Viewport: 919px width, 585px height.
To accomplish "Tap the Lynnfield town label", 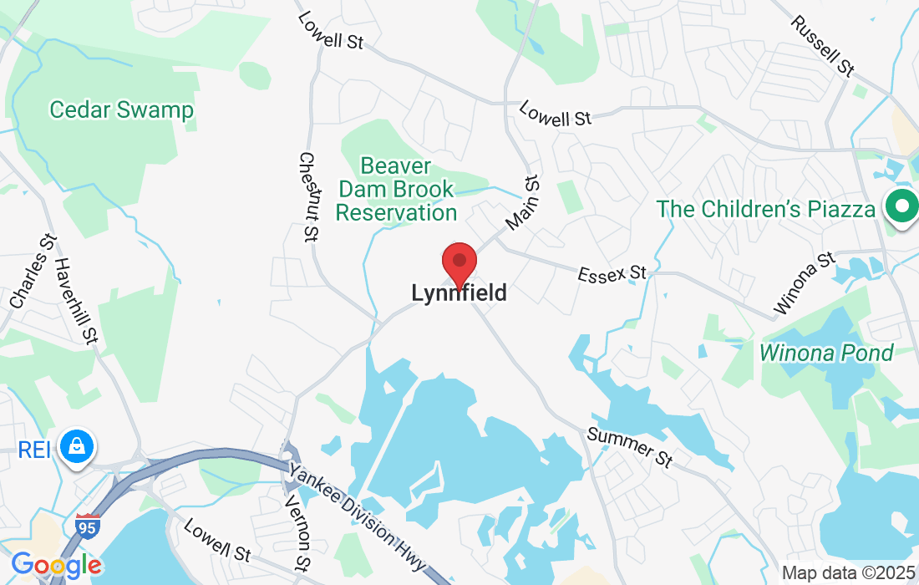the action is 459,293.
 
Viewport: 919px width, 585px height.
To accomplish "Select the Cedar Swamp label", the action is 121,109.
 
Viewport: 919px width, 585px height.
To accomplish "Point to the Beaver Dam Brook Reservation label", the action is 397,189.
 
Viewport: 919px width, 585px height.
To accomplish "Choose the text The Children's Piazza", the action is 764,208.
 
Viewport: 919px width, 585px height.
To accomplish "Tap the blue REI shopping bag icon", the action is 77,447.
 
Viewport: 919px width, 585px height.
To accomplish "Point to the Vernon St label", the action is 297,533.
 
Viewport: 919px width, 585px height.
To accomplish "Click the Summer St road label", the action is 629,447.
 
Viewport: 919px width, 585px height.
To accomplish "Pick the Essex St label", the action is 613,272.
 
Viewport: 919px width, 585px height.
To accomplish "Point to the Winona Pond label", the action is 825,353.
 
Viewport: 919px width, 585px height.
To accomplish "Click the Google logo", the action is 56,566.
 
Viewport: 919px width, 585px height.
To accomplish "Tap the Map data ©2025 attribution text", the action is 847,573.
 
